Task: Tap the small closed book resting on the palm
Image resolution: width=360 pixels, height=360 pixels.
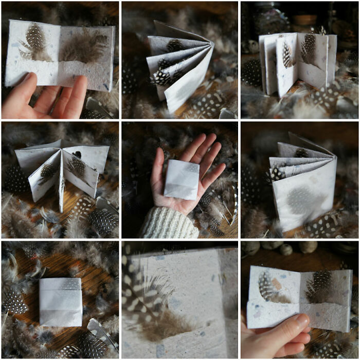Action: coord(181,179)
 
